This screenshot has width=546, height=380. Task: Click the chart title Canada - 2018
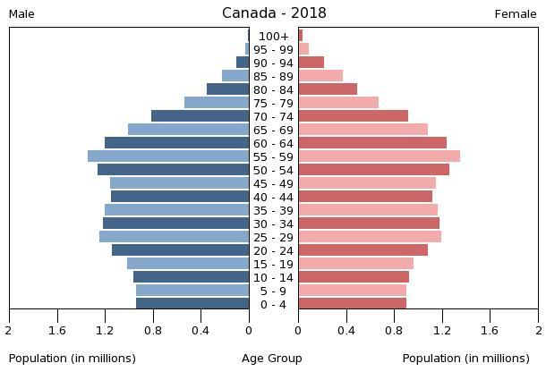point(274,13)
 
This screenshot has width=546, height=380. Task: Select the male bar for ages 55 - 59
point(168,156)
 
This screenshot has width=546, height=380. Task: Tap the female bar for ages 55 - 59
point(379,156)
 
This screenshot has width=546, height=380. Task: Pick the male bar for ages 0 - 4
point(192,304)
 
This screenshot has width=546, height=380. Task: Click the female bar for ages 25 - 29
point(370,237)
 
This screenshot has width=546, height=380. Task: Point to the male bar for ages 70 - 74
point(200,116)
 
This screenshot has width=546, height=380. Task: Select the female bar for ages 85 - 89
point(320,76)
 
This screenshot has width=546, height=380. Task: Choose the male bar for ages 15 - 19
point(188,264)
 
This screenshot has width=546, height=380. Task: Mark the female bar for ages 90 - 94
point(311,63)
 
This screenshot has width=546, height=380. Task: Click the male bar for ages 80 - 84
point(228,89)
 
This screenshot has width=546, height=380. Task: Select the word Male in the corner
point(21,14)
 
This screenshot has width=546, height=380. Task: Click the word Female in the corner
point(516,14)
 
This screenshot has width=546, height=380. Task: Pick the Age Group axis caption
point(272,359)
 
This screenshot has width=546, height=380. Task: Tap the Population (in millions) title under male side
point(73,359)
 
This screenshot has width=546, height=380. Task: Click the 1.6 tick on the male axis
point(58,330)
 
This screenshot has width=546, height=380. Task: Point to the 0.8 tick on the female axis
point(394,330)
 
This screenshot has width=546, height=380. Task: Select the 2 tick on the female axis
point(538,330)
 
